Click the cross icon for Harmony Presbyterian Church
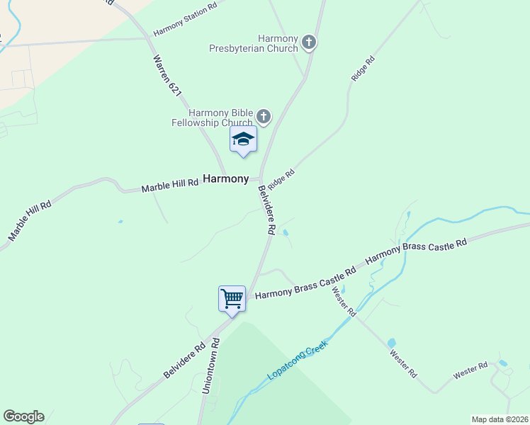[308, 42]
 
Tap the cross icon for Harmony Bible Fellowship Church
[264, 117]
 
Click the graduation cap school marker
[242, 139]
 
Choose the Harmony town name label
[226, 179]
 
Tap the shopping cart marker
[232, 298]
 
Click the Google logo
[23, 416]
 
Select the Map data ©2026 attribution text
[500, 419]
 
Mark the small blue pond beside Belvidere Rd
[285, 232]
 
